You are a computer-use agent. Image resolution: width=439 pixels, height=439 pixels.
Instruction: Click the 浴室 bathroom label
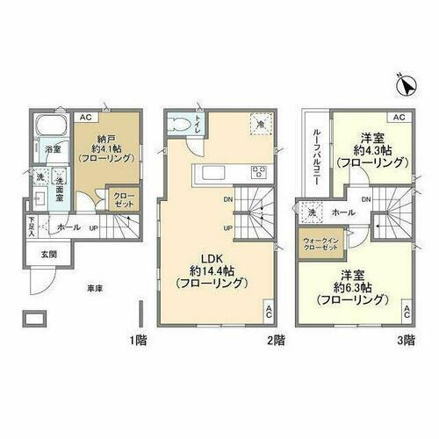pyautogui.click(x=53, y=149)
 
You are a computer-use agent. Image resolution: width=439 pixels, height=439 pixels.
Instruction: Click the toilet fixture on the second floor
pyautogui.click(x=182, y=126)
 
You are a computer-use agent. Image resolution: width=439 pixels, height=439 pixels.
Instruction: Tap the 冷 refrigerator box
pyautogui.click(x=259, y=125)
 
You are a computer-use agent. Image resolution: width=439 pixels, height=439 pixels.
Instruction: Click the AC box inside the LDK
pyautogui.click(x=268, y=310)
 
